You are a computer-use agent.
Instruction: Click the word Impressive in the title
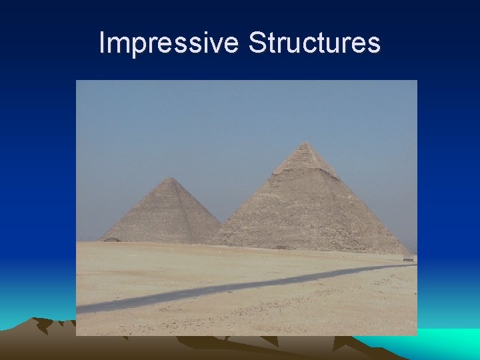(x=168, y=43)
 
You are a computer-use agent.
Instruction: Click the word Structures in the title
(x=314, y=43)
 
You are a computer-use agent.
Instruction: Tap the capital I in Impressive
(x=101, y=43)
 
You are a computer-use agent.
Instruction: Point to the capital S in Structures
(x=256, y=43)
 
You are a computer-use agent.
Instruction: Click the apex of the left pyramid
(x=171, y=178)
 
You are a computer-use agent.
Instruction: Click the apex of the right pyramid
(x=305, y=143)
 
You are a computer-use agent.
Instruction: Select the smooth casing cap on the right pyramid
(x=305, y=157)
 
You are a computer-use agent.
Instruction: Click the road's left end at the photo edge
(x=79, y=308)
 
